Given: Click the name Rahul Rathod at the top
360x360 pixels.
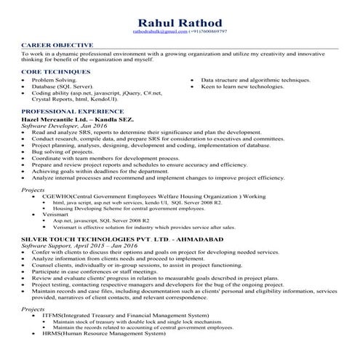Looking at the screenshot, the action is [x=180, y=21].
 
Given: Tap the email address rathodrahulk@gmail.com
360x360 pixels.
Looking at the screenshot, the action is [x=159, y=33].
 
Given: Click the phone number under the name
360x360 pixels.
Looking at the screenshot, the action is [x=207, y=33].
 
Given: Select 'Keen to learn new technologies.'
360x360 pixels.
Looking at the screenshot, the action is [x=242, y=86].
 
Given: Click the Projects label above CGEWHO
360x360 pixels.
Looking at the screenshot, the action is [x=33, y=189].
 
